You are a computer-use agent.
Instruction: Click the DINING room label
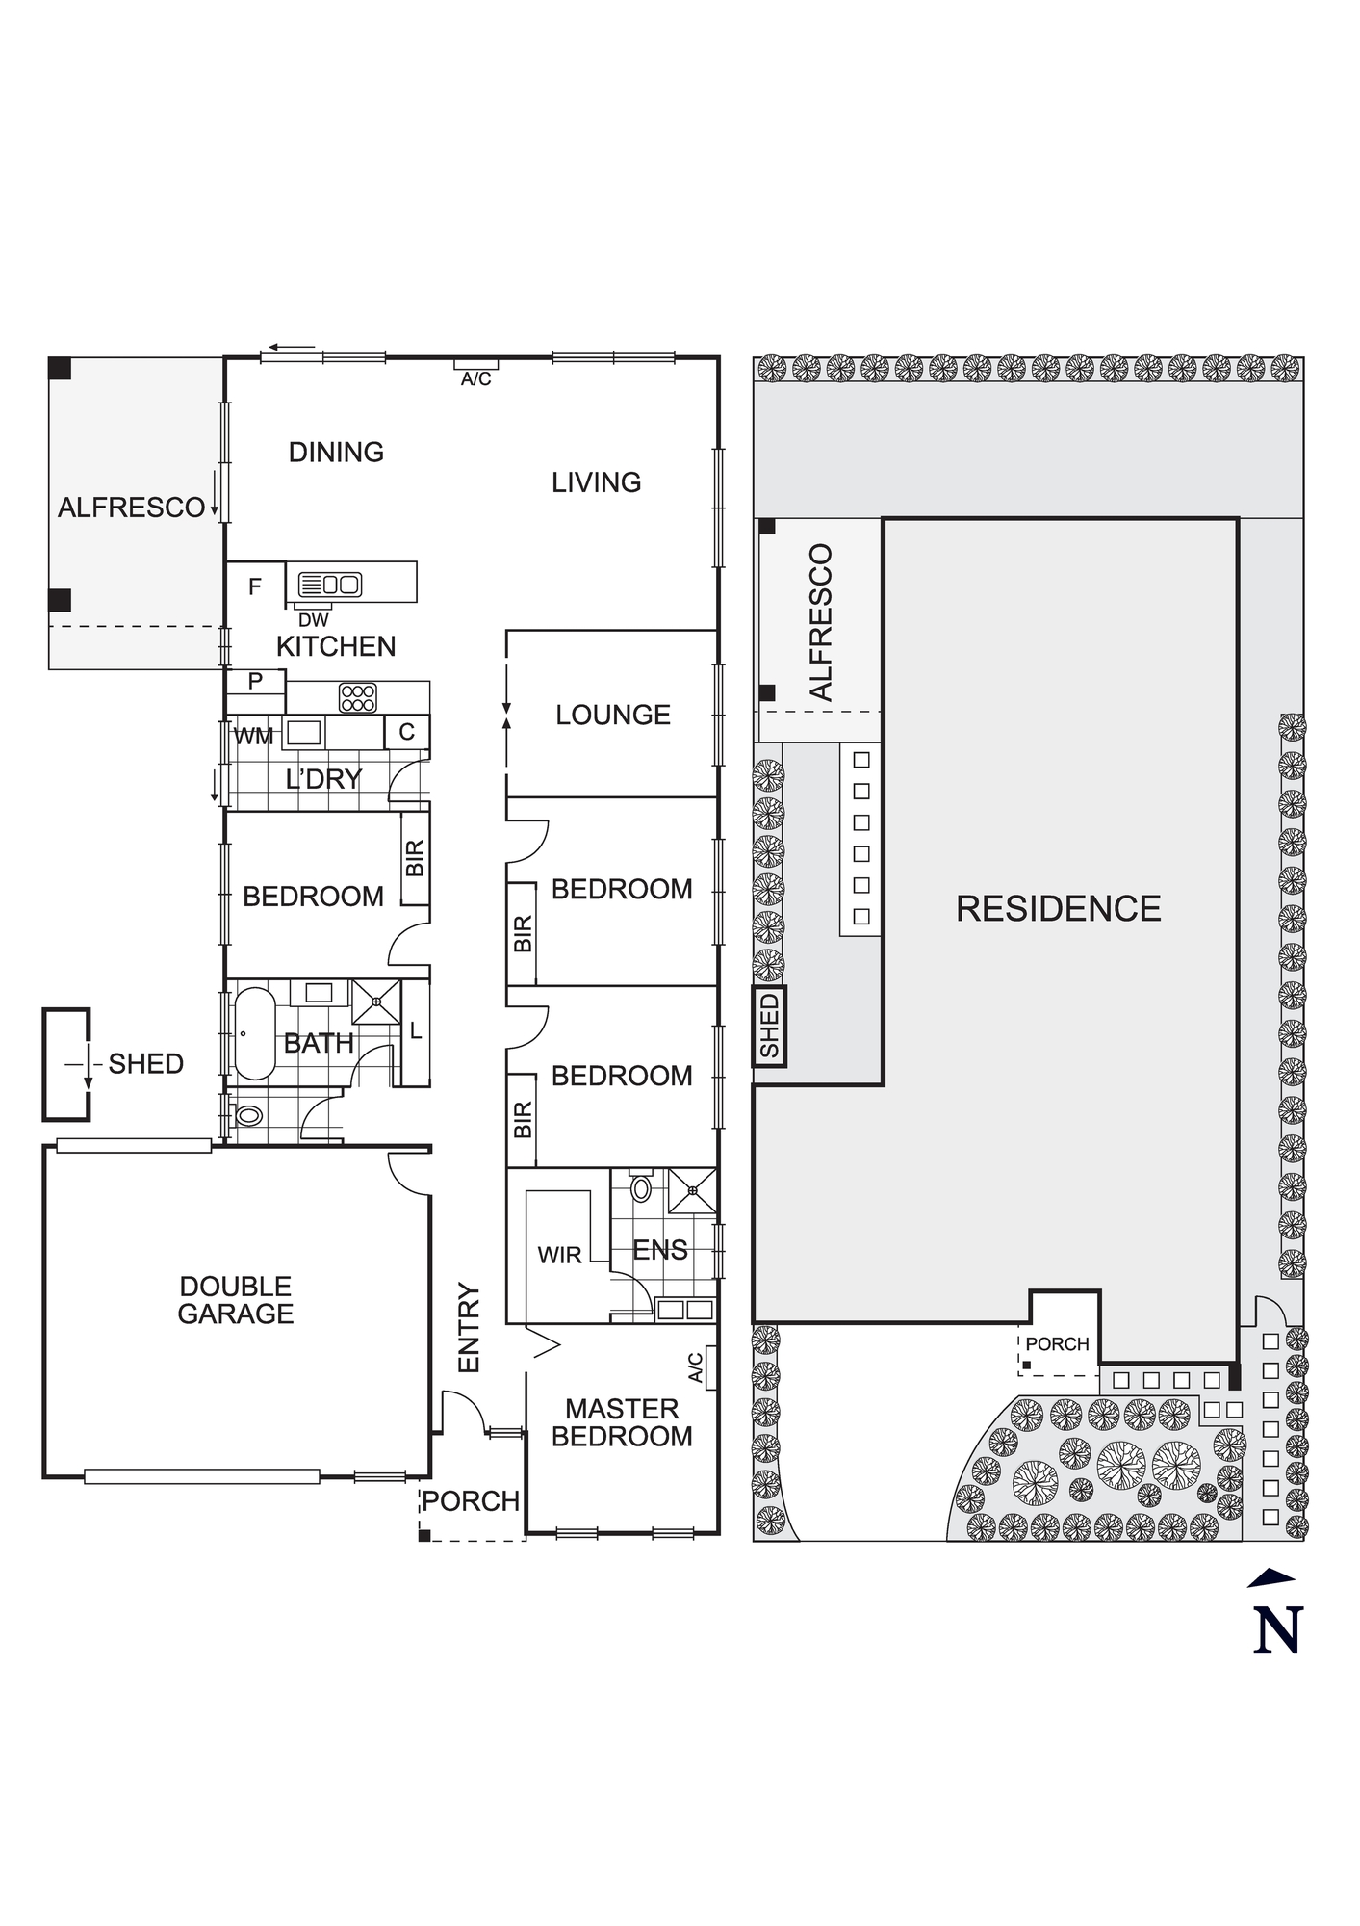(336, 452)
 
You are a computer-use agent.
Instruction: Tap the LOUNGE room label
(612, 715)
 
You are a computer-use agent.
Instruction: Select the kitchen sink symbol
(330, 584)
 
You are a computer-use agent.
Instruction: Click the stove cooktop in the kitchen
(358, 697)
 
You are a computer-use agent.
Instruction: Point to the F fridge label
(255, 586)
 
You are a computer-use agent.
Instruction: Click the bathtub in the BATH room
(254, 1033)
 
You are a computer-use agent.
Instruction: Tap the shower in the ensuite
(692, 1191)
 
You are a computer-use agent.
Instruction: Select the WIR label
(559, 1256)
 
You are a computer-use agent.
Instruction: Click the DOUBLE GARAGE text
(236, 1300)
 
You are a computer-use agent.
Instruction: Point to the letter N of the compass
(1277, 1630)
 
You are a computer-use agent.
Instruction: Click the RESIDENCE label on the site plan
(1058, 908)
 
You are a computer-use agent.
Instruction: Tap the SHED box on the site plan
(769, 1027)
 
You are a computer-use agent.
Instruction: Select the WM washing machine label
(253, 737)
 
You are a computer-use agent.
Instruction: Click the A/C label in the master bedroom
(696, 1367)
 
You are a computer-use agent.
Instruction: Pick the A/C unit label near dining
(475, 379)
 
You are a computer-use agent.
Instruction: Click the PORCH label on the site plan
(1057, 1344)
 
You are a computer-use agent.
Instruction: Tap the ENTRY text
(469, 1327)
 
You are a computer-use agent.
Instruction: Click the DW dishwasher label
(313, 620)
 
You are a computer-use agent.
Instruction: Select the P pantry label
(255, 682)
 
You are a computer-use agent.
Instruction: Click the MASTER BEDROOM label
(622, 1422)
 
